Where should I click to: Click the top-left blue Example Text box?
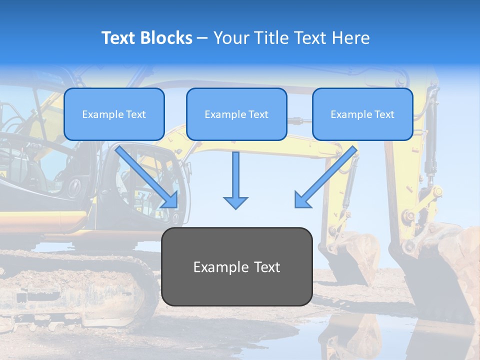114,114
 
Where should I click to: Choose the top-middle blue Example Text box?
236,114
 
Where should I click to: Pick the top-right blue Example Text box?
362,114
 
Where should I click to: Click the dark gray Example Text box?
236,266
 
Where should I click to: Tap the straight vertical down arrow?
235,180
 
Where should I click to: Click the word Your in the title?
229,38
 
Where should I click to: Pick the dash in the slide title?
202,38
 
